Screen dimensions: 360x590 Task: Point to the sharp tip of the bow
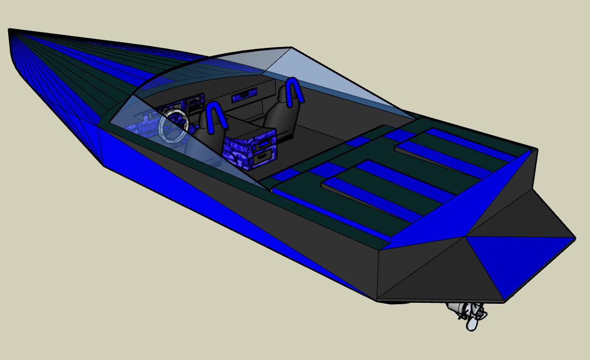(x=10, y=31)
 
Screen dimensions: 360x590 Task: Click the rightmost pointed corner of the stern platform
(x=574, y=238)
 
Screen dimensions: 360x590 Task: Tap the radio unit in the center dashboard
(x=194, y=101)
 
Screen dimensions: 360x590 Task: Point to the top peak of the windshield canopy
(x=290, y=48)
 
